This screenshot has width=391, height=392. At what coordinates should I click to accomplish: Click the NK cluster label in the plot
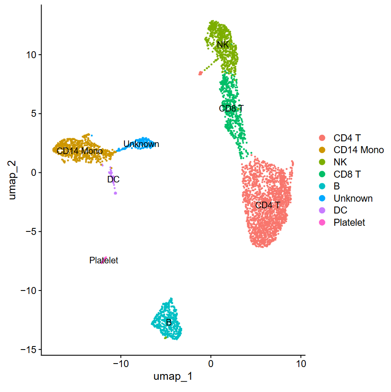coord(223,45)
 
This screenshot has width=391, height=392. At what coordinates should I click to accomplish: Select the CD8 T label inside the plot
coord(231,108)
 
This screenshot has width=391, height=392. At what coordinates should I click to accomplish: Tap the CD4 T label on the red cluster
coord(268,205)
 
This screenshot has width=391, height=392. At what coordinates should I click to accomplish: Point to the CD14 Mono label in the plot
coord(80,151)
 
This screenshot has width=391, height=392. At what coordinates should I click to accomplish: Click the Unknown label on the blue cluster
coord(141,144)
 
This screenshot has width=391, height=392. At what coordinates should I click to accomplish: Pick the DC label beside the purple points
coord(113,179)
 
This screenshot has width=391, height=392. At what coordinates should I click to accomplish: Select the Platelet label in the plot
coord(104,260)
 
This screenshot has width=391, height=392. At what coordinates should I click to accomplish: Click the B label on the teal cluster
coord(169,322)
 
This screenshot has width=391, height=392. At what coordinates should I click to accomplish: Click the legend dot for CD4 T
coord(322,138)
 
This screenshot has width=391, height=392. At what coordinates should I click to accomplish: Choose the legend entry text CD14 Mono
coord(359,150)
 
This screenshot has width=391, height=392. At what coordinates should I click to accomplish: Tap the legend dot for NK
coord(322,162)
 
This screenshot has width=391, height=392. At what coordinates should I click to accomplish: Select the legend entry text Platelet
coord(349,222)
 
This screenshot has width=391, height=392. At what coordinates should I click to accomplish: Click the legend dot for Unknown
coord(322,198)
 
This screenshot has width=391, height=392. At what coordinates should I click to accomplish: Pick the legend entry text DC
coord(340,210)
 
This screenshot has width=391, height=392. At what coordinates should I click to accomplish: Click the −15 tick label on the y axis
coord(28,349)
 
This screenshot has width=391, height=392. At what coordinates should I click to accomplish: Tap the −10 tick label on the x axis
coord(121,364)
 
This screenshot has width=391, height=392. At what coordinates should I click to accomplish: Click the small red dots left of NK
coord(200,73)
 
